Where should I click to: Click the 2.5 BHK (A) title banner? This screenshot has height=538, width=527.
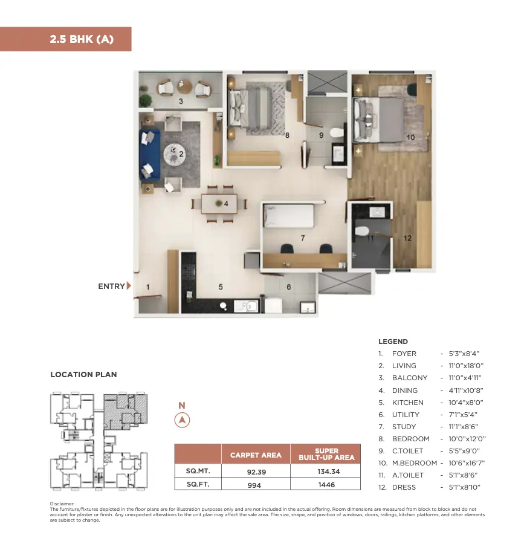(65, 39)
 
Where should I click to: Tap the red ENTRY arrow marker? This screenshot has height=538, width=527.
(129, 285)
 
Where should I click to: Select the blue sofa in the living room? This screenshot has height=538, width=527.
(150, 154)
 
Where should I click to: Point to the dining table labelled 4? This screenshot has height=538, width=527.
(219, 204)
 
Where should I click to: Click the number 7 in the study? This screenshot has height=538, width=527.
(303, 238)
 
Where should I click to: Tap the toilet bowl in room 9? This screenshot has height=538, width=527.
(337, 133)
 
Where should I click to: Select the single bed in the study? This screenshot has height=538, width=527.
(288, 216)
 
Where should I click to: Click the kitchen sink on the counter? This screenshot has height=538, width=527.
(246, 306)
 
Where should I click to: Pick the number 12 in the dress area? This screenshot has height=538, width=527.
(407, 238)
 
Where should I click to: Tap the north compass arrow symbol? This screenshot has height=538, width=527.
(182, 420)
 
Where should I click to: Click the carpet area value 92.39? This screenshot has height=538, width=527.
(256, 472)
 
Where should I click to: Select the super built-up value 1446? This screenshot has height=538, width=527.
(326, 485)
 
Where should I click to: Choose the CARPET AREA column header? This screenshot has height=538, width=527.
(256, 455)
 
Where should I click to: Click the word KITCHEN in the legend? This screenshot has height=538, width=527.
(407, 403)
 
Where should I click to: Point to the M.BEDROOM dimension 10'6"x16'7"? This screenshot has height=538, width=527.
(467, 463)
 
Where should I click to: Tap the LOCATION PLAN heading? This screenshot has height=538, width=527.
(84, 375)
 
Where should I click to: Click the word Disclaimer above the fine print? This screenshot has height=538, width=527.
(62, 504)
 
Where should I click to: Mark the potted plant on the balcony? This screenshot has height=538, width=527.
(146, 100)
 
